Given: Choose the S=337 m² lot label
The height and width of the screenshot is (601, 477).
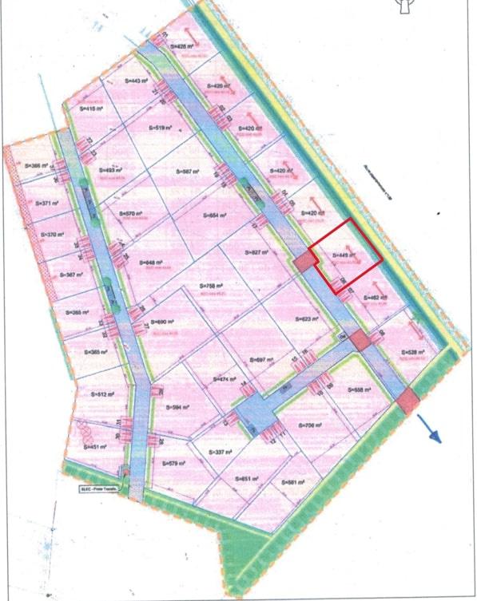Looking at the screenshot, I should (217, 452).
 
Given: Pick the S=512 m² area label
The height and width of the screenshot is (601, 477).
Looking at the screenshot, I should (105, 394).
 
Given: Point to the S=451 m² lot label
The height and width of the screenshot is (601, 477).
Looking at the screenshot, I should (93, 447).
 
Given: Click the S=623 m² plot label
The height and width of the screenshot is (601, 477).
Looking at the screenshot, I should (307, 319).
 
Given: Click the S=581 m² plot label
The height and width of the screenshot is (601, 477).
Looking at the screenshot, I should (292, 483).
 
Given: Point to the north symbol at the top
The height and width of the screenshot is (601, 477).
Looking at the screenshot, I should (403, 7).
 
